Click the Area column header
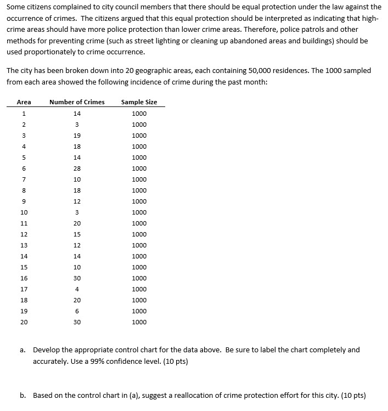pos(24,102)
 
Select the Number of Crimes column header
pos(77,102)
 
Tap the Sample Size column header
pos(139,102)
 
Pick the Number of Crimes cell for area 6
pos(77,168)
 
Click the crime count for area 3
pos(77,136)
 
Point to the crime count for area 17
pos(77,289)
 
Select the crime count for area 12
pos(77,234)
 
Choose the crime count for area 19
pos(77,311)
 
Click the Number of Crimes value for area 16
pos(77,278)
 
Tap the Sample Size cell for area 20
pos(139,322)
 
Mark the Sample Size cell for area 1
pos(139,114)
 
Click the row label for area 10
pos(24,212)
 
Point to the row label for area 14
pos(24,256)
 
